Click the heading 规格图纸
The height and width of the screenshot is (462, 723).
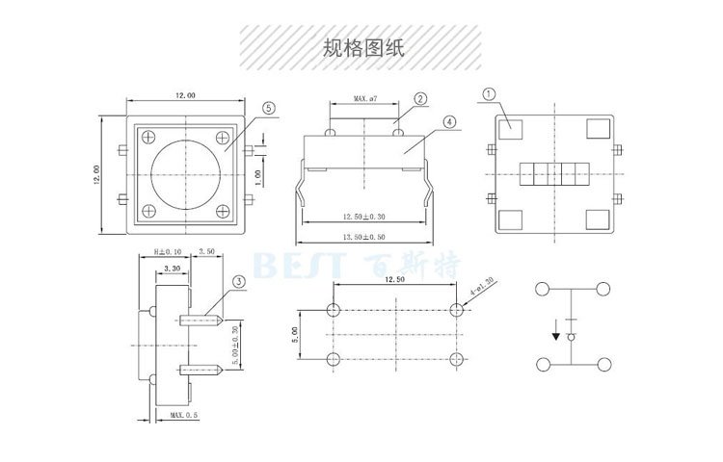pos(361,48)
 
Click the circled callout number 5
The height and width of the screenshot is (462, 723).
pos(268,109)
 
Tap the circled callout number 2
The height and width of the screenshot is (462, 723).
pos(420,99)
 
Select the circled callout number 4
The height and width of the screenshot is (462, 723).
pos(450,122)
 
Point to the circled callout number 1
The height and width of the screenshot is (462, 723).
pos(489,94)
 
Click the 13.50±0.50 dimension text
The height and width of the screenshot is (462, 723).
pos(364,236)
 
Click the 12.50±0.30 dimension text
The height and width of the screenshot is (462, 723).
pos(364,217)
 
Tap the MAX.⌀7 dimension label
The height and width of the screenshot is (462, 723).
pos(367,99)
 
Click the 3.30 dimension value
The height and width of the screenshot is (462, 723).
pos(174,269)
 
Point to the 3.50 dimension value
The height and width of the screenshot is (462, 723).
pos(206,252)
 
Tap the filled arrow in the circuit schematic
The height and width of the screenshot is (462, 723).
pos(556,337)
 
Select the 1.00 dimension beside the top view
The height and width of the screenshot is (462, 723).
pos(257,178)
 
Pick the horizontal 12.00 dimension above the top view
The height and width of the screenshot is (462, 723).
pos(184,96)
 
